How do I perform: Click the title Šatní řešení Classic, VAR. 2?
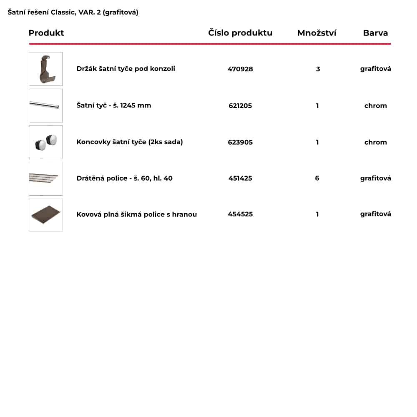(x=73, y=13)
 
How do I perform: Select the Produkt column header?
(x=46, y=33)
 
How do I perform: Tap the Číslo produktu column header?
(x=240, y=33)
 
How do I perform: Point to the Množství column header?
(x=317, y=33)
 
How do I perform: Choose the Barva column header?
(x=375, y=33)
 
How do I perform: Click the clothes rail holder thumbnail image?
(x=46, y=69)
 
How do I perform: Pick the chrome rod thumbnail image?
(x=46, y=106)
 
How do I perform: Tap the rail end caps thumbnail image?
(x=46, y=142)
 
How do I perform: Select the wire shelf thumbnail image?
(x=46, y=178)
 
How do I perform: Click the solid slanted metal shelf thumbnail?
(x=46, y=215)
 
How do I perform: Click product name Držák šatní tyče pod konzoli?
(x=126, y=69)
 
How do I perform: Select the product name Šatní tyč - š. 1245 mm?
(x=114, y=106)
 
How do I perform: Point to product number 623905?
(x=240, y=142)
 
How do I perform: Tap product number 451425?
(x=240, y=178)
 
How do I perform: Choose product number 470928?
(x=240, y=69)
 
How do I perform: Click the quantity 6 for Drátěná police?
(x=317, y=178)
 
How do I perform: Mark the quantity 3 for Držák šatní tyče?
(x=318, y=69)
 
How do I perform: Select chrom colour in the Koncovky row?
(x=375, y=142)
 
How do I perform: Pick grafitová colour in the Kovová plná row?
(x=375, y=214)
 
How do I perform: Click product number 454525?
(x=240, y=214)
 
